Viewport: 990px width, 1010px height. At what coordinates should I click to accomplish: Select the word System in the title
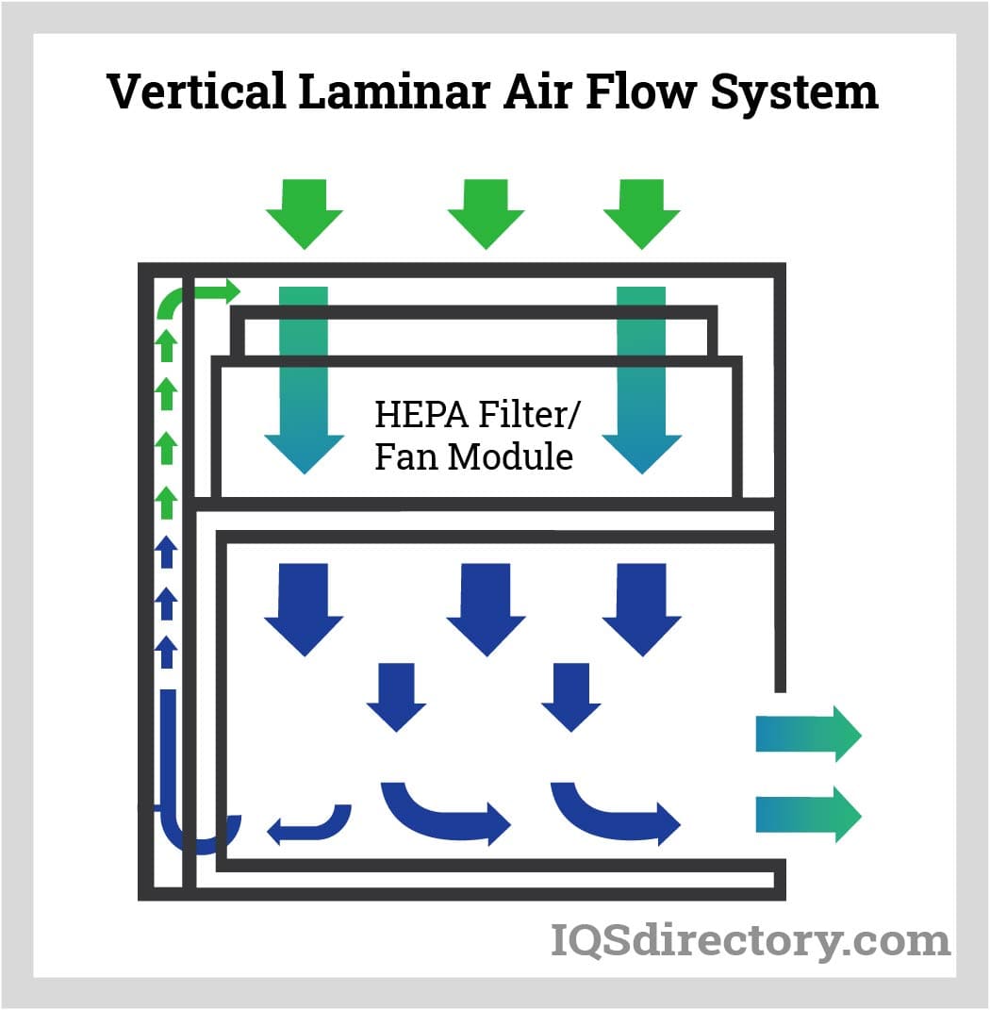tap(794, 92)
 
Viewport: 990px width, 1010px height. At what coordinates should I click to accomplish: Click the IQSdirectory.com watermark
tap(750, 940)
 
